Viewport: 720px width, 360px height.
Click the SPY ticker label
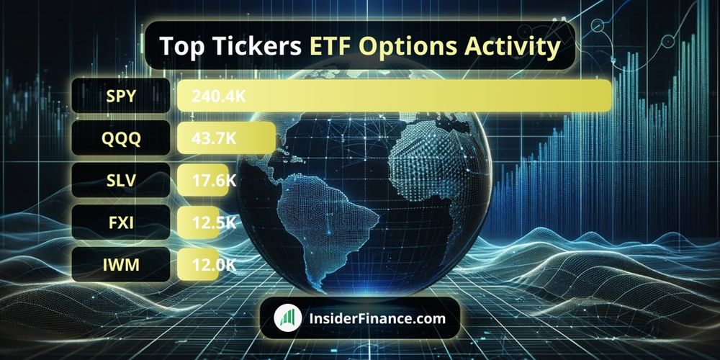click(x=121, y=96)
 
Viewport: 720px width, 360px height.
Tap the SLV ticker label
click(x=121, y=180)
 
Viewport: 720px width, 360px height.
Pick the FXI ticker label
click(x=121, y=222)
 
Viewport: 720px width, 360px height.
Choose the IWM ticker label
click(x=121, y=264)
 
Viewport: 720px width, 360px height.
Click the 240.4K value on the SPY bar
click(x=219, y=96)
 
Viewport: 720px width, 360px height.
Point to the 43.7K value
click(x=214, y=138)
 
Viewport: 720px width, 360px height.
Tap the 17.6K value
click(x=214, y=180)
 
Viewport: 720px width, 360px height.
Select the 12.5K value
click(x=214, y=222)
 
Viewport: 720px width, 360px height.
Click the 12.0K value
click(x=214, y=264)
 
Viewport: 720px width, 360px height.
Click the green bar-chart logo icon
click(x=288, y=318)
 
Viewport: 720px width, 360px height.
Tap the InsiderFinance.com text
click(x=377, y=318)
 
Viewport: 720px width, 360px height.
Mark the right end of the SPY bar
click(x=611, y=96)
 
